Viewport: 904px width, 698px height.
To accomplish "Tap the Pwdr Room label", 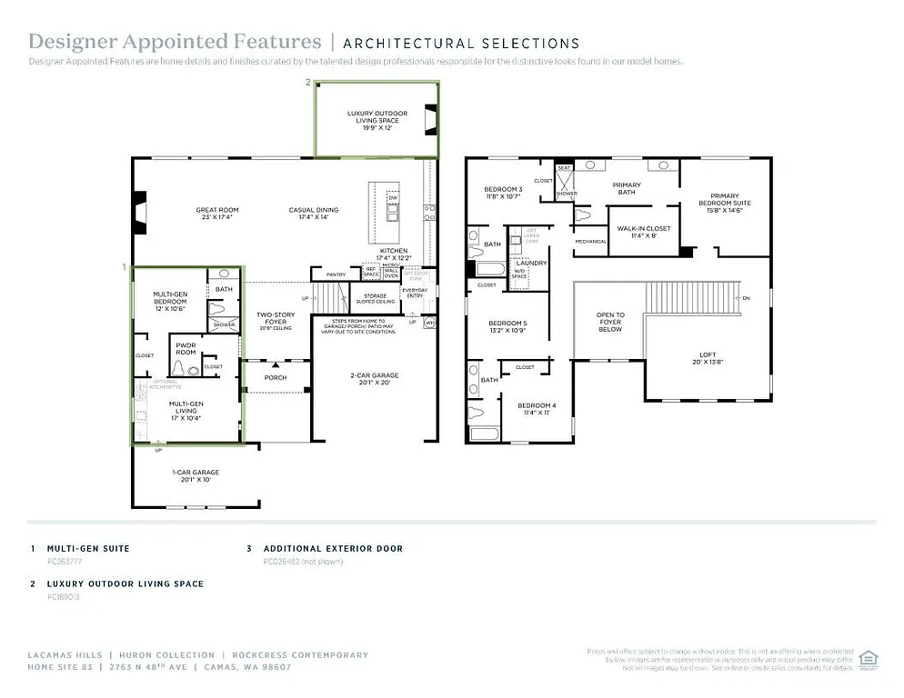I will pyautogui.click(x=186, y=349).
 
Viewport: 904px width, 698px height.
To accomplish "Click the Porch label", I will pyautogui.click(x=275, y=377).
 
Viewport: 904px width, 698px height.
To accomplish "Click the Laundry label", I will pyautogui.click(x=530, y=263).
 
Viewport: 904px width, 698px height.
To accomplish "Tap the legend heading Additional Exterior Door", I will pyautogui.click(x=333, y=549).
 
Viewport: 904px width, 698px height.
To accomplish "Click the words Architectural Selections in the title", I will pyautogui.click(x=461, y=43).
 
